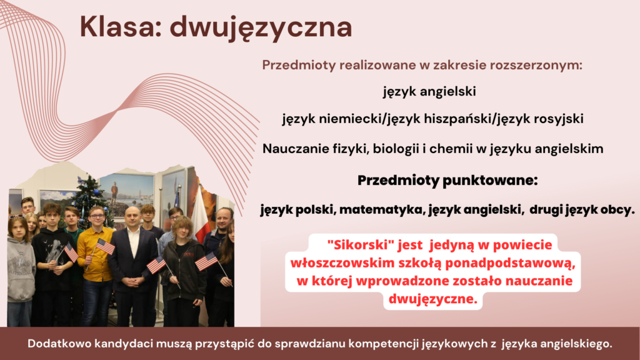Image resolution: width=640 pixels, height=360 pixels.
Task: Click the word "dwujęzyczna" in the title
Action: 261,27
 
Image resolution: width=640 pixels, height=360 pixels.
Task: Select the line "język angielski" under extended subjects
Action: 429,91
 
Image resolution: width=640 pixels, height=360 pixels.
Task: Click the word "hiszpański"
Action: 459,119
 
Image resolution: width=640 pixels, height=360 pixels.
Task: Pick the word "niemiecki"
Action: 351,119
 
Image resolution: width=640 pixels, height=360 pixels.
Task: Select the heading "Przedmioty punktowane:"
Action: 447,181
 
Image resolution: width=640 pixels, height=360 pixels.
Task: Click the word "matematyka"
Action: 382,210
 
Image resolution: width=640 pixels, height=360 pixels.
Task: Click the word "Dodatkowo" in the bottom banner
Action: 59,344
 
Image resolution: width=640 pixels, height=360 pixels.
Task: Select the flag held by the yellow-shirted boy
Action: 105,246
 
